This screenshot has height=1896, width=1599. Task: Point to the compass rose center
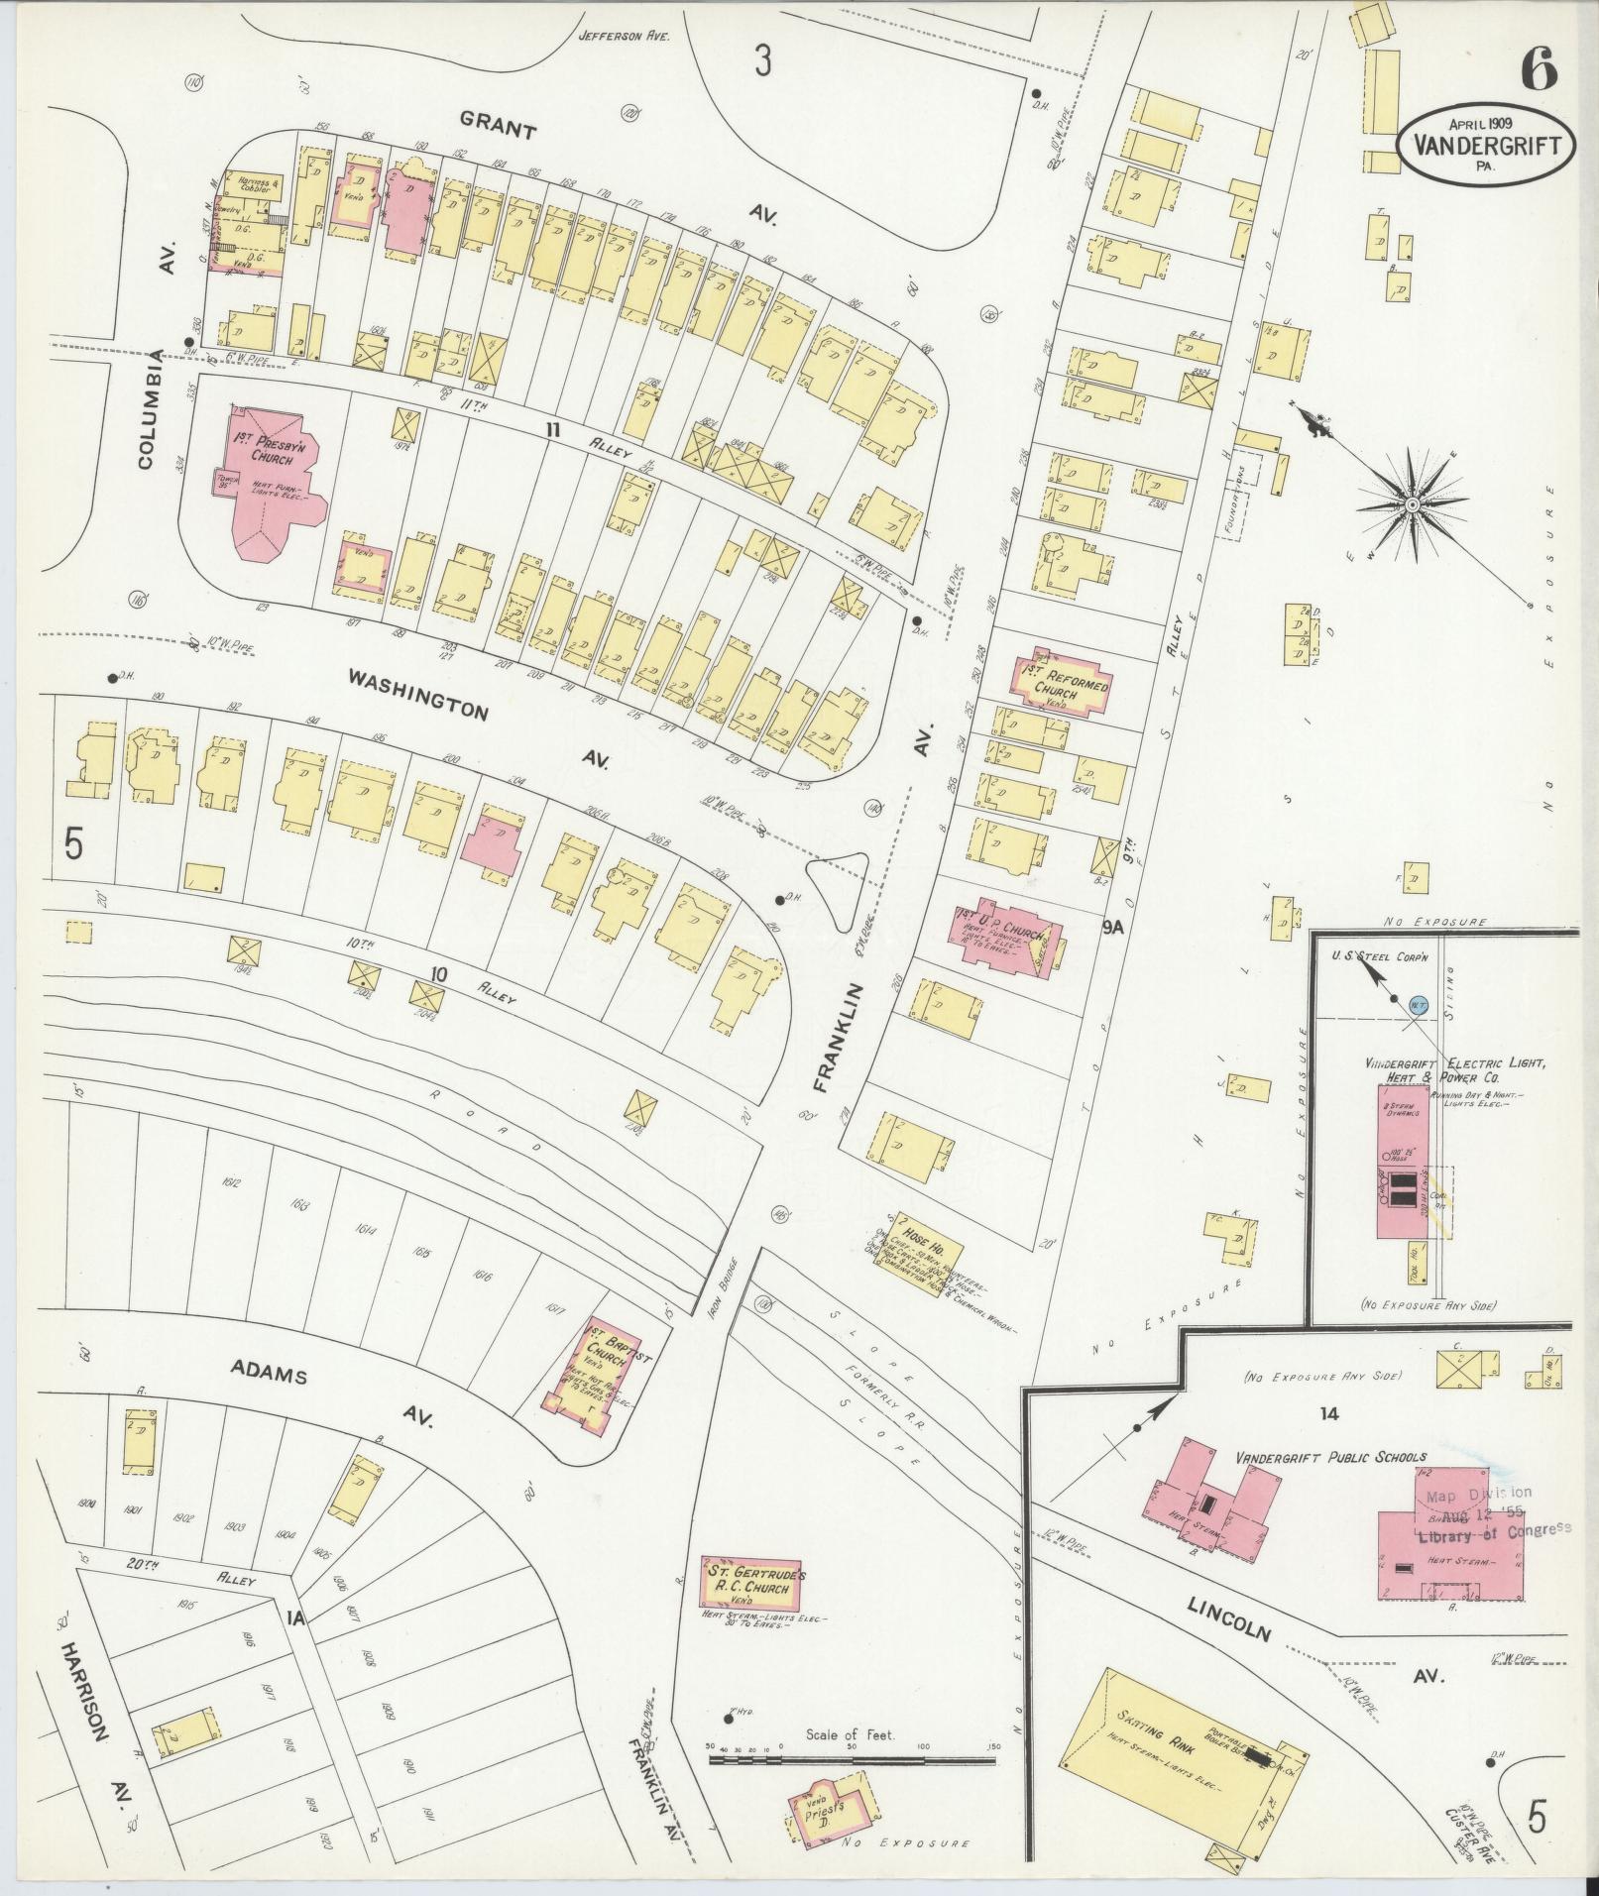click(1411, 505)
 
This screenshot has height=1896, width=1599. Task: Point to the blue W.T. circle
click(1418, 1003)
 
